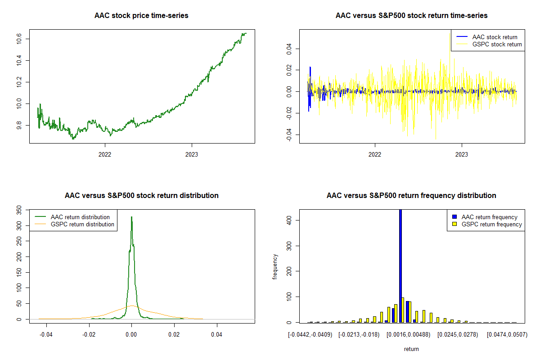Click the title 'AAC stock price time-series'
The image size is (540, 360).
[141, 16]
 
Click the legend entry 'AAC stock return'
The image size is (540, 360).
[495, 37]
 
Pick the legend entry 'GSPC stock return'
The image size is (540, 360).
[497, 45]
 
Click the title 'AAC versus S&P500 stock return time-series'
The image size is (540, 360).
[411, 16]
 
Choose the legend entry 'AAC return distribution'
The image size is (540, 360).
[80, 217]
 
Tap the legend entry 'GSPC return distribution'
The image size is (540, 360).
[82, 225]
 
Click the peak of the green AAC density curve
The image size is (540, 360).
[131, 217]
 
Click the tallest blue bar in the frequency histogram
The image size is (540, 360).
[400, 265]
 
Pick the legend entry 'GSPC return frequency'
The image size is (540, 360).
[491, 225]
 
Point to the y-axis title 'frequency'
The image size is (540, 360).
[275, 267]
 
